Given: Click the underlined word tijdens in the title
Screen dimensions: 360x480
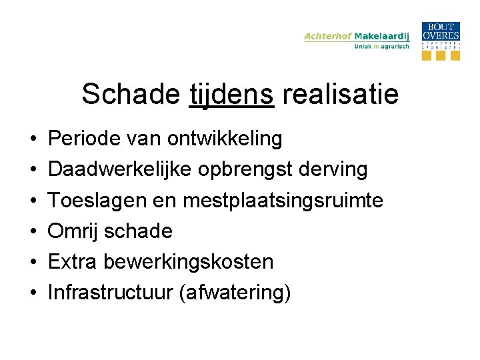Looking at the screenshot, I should [231, 95].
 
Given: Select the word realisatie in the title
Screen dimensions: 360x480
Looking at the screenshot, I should [340, 94].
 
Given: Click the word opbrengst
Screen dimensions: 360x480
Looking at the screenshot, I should [237, 170].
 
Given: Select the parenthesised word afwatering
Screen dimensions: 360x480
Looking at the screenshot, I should [235, 293].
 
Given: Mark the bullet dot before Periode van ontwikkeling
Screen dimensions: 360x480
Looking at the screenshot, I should [33, 140].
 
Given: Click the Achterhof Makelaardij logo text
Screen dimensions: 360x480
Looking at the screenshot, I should [357, 36].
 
